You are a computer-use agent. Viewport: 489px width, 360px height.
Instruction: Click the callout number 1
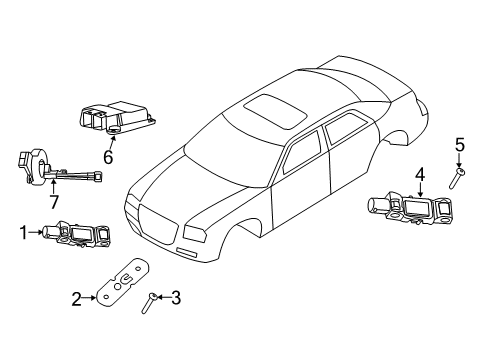pyautogui.click(x=22, y=232)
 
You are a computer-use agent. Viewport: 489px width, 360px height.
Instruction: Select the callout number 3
pyautogui.click(x=175, y=296)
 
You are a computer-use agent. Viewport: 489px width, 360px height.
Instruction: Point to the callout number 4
pyautogui.click(x=421, y=175)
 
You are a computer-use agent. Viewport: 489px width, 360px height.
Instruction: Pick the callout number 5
pyautogui.click(x=460, y=147)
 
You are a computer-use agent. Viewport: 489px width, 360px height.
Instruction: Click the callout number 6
pyautogui.click(x=107, y=156)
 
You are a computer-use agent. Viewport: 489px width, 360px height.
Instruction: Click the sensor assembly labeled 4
pyautogui.click(x=410, y=210)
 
